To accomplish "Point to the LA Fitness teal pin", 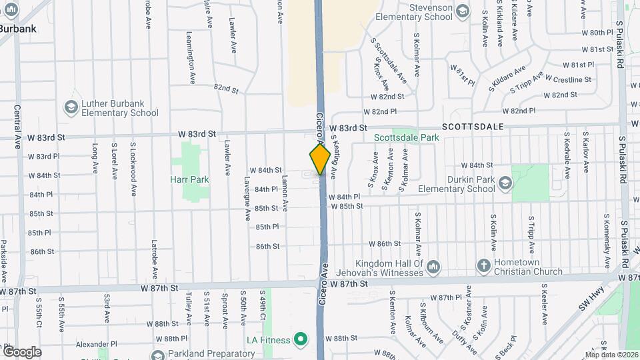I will click(301, 339).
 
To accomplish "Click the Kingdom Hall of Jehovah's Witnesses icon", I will click(433, 267).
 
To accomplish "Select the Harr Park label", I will click(189, 179).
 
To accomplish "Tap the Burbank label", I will click(18, 29).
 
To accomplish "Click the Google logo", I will click(21, 351).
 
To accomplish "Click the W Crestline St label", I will click(568, 79).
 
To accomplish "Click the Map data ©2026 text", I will click(611, 355).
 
